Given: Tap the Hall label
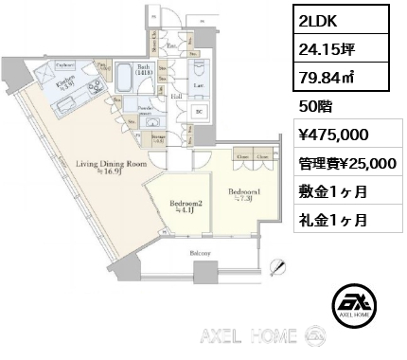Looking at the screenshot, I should [177, 95].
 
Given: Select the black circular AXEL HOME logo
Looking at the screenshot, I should [361, 303].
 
